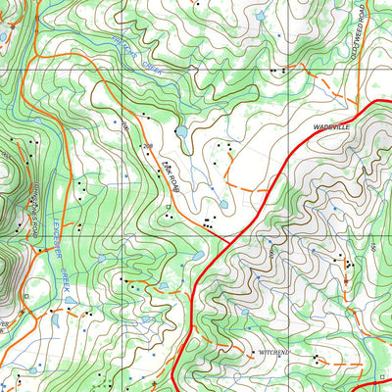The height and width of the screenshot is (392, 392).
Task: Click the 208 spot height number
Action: pos(148,146)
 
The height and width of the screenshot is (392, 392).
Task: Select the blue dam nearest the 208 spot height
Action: pos(179,130)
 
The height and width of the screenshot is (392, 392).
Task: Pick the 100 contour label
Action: pos(125,127)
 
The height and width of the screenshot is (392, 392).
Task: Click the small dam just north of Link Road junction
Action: pos(223,205)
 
